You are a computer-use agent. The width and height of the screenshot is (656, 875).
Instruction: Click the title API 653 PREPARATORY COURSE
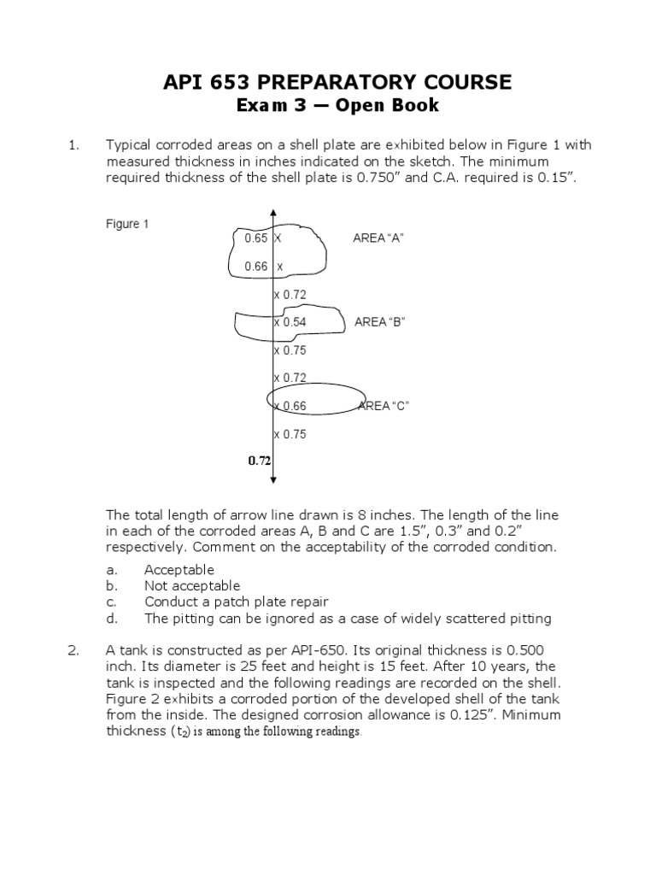click(x=337, y=82)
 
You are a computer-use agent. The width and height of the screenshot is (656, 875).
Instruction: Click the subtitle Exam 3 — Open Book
click(x=337, y=106)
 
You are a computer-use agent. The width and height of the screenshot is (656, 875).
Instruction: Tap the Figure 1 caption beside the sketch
click(x=127, y=224)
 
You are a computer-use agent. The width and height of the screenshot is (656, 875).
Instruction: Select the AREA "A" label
click(x=378, y=238)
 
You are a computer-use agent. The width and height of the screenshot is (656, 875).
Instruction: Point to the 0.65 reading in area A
click(x=256, y=238)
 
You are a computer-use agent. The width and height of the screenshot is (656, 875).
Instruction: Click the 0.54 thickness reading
click(x=293, y=322)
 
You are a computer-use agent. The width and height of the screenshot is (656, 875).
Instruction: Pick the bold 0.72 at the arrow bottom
click(x=260, y=461)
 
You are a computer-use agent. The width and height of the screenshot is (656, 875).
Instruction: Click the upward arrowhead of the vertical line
click(x=272, y=212)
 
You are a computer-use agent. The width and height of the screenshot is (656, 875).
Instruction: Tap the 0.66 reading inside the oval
click(x=293, y=406)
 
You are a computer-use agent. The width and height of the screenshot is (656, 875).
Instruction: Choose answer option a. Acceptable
click(x=179, y=570)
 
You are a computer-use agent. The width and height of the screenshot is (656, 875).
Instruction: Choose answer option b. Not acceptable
click(x=192, y=586)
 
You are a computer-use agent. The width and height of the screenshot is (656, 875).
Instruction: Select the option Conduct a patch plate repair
click(x=236, y=602)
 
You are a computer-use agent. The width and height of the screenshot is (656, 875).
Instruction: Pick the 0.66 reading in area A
click(x=256, y=267)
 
